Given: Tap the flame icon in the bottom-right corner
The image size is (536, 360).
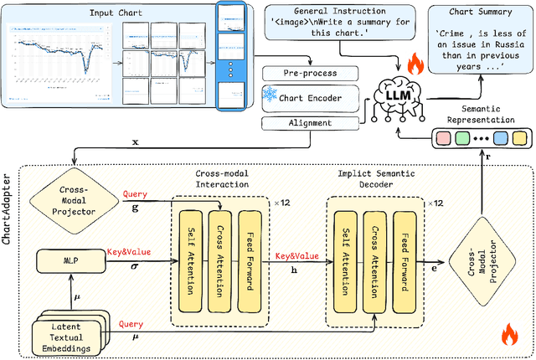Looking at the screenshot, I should [x=508, y=336].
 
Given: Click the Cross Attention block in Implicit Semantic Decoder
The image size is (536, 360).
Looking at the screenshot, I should [x=375, y=256].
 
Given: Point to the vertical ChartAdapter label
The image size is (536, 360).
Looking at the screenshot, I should [x=8, y=202].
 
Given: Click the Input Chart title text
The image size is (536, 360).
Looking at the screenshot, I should [x=116, y=13].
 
